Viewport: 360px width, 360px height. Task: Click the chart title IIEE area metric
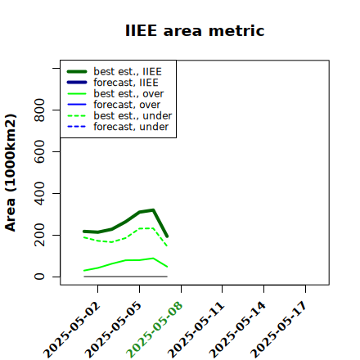pyautogui.click(x=195, y=30)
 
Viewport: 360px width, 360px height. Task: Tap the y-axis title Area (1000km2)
pyautogui.click(x=11, y=173)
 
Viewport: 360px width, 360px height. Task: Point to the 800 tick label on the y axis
pyautogui.click(x=39, y=110)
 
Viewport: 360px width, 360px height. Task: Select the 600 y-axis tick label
pyautogui.click(x=39, y=151)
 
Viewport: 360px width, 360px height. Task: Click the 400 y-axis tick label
pyautogui.click(x=39, y=193)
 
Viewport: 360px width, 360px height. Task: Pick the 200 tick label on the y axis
pyautogui.click(x=39, y=235)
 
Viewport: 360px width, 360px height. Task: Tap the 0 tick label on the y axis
pyautogui.click(x=39, y=277)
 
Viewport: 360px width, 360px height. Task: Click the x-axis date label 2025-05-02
pyautogui.click(x=72, y=330)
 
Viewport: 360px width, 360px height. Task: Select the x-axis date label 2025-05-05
pyautogui.click(x=114, y=330)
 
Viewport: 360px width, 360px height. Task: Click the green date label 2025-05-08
pyautogui.click(x=155, y=330)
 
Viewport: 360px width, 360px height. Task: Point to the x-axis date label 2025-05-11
pyautogui.click(x=196, y=330)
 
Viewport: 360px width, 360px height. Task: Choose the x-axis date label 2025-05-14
pyautogui.click(x=237, y=330)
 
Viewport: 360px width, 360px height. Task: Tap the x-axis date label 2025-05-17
pyautogui.click(x=279, y=330)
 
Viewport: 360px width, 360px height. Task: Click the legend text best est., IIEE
pyautogui.click(x=128, y=71)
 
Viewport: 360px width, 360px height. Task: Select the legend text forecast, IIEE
pyautogui.click(x=126, y=83)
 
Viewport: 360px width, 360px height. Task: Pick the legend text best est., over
pyautogui.click(x=128, y=93)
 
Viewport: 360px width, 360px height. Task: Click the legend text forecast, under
pyautogui.click(x=131, y=127)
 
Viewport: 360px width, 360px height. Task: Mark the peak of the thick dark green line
pyautogui.click(x=153, y=210)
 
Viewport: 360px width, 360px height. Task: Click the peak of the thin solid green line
pyautogui.click(x=153, y=258)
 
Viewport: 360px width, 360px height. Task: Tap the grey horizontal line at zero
pyautogui.click(x=125, y=277)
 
